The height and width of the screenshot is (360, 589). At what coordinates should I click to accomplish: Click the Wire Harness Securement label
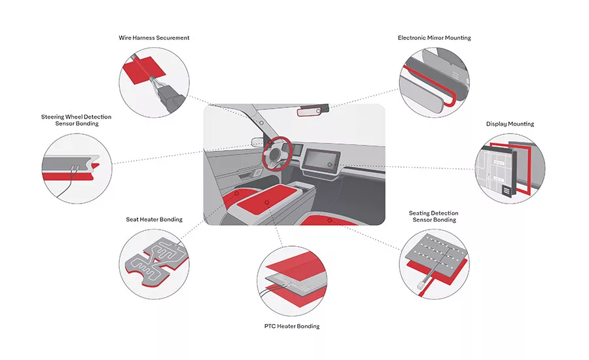(x=154, y=38)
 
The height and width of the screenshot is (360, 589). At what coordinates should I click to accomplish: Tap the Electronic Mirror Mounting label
(x=434, y=38)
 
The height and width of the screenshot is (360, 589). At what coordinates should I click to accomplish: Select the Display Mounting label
(x=510, y=124)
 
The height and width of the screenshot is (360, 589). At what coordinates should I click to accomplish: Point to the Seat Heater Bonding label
(x=154, y=219)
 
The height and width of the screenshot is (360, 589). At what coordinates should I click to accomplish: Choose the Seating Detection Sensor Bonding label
(x=433, y=217)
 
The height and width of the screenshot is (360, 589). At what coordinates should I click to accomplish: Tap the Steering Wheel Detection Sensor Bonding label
(x=76, y=120)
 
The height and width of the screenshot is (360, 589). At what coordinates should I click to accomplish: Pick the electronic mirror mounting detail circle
(x=434, y=82)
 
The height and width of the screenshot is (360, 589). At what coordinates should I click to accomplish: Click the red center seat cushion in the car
(x=266, y=203)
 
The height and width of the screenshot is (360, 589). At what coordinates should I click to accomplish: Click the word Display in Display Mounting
(x=497, y=124)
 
